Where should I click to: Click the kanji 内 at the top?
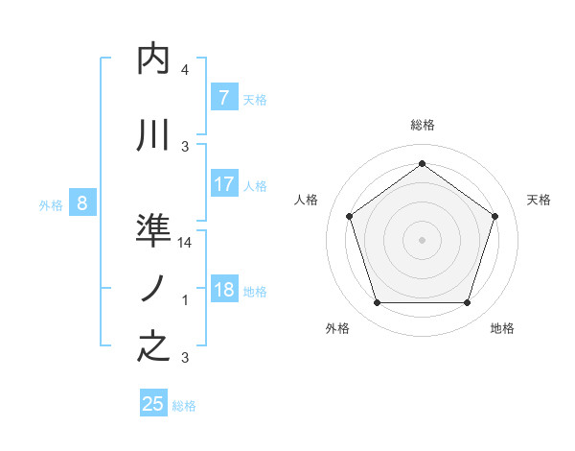tap(154, 59)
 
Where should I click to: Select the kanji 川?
tap(154, 135)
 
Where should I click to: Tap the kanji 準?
tap(154, 231)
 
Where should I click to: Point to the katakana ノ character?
tap(153, 289)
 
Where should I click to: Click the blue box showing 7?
tap(223, 97)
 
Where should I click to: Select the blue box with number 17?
tap(223, 184)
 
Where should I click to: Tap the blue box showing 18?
tap(223, 290)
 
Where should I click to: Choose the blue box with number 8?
tap(82, 202)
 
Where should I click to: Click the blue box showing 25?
tap(153, 404)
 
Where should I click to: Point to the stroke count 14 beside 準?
tap(186, 243)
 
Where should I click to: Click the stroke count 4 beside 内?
tap(185, 70)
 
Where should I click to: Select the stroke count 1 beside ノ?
tap(185, 300)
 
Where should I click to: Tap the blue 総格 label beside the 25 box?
tap(185, 406)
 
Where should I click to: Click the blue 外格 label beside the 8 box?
tap(51, 204)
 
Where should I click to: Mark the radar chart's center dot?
tap(422, 239)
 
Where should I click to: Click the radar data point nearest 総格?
tap(422, 164)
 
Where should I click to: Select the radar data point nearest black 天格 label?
tap(494, 216)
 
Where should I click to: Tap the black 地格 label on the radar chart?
tap(502, 329)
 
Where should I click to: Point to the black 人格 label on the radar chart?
tap(307, 200)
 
